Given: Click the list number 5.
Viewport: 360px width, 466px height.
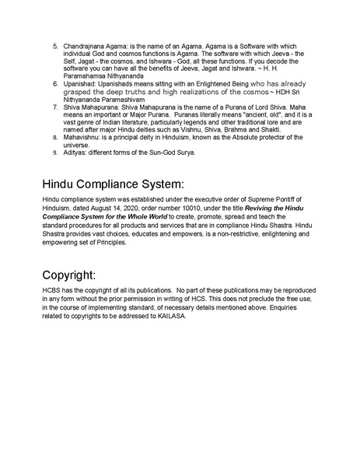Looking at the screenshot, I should [x=55, y=47].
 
